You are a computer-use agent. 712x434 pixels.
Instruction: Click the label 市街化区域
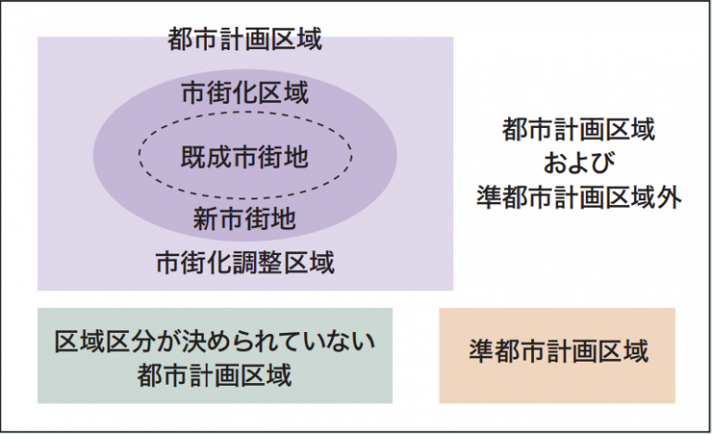pyautogui.click(x=245, y=93)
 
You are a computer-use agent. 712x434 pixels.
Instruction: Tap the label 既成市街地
pyautogui.click(x=245, y=158)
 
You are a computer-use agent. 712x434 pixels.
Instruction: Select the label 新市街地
pyautogui.click(x=245, y=219)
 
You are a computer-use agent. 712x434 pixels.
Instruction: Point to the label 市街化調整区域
pyautogui.click(x=245, y=262)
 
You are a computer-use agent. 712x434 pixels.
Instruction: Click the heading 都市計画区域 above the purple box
pyautogui.click(x=245, y=39)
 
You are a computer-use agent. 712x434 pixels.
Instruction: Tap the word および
pyautogui.click(x=578, y=163)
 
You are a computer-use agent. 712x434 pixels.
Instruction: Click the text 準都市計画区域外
pyautogui.click(x=578, y=198)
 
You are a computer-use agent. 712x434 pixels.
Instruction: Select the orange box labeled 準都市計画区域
pyautogui.click(x=557, y=355)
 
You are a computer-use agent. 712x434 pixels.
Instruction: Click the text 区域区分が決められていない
pyautogui.click(x=215, y=341)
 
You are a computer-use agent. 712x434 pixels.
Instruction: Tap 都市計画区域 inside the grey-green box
pyautogui.click(x=215, y=375)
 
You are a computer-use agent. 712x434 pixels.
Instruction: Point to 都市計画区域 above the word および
pyautogui.click(x=578, y=129)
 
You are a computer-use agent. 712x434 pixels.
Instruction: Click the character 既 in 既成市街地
pyautogui.click(x=194, y=158)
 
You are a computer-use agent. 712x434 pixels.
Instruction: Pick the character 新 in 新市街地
pyautogui.click(x=206, y=219)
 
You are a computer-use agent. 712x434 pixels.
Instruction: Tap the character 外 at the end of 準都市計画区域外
pyautogui.click(x=669, y=198)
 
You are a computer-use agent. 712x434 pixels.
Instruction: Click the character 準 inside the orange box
pyautogui.click(x=482, y=351)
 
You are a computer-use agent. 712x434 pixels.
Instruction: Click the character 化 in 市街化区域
pyautogui.click(x=245, y=93)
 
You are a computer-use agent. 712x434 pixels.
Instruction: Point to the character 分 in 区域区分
pyautogui.click(x=145, y=341)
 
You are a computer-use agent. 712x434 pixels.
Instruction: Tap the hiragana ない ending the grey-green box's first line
pyautogui.click(x=350, y=341)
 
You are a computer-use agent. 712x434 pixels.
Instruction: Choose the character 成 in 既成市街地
pyautogui.click(x=220, y=158)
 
